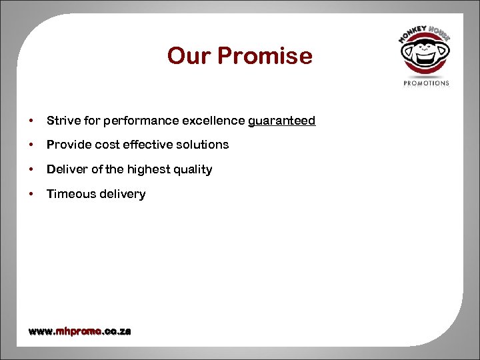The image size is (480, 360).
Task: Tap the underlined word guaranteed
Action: [x=281, y=121]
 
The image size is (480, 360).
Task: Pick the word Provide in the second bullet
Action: [x=65, y=145]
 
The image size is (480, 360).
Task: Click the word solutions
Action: [x=203, y=145]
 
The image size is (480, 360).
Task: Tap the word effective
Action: [x=150, y=145]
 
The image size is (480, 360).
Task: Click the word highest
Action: [x=149, y=169]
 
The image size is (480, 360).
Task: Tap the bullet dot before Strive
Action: [x=31, y=121]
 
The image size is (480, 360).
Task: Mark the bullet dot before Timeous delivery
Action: [x=31, y=194]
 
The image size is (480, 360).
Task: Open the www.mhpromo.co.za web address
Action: [x=79, y=331]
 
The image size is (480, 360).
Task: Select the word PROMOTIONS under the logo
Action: [x=427, y=83]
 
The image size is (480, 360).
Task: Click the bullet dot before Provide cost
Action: [x=31, y=145]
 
